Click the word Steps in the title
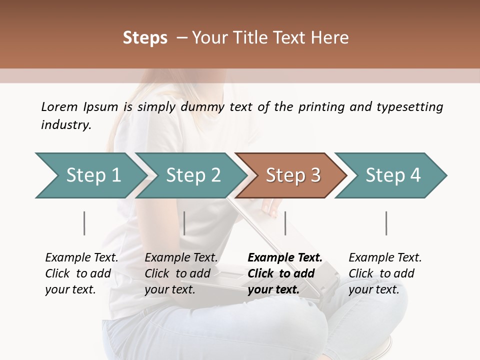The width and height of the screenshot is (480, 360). click(145, 38)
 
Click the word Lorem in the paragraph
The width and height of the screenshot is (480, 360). click(59, 107)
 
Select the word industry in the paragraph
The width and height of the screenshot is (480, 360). click(66, 124)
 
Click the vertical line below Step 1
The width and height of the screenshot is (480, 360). click(84, 223)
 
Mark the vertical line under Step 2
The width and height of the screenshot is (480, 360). click(184, 223)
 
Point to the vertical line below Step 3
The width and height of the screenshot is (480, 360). click(285, 223)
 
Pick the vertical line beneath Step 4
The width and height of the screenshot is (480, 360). click(386, 223)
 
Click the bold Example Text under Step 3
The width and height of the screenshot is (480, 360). click(285, 258)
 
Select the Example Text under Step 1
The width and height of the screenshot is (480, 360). click(81, 258)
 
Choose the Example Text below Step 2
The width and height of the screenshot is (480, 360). click(181, 258)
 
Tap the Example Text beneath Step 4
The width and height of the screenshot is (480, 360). click(385, 258)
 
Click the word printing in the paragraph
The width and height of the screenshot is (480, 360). click(320, 107)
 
